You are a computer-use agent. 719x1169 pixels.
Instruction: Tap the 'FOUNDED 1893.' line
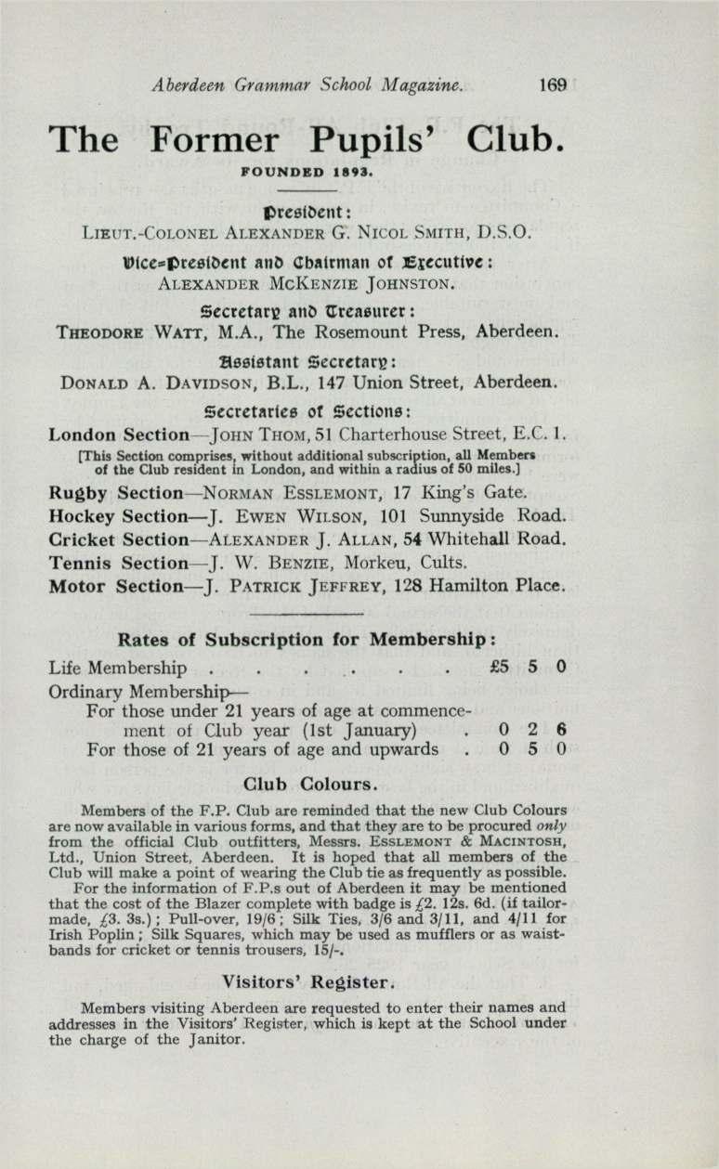click(x=307, y=172)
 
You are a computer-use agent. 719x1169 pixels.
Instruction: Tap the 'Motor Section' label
click(x=105, y=586)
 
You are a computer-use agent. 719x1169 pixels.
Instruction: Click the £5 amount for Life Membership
click(x=497, y=667)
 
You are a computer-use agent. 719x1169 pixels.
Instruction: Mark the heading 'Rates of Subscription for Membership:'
click(x=307, y=640)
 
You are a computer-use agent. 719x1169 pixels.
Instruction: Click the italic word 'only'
click(x=551, y=825)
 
